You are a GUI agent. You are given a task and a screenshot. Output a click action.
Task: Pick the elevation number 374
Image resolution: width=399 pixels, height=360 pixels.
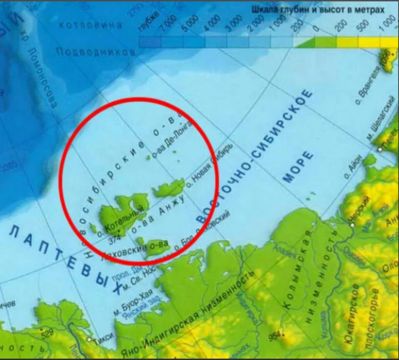point(115,239)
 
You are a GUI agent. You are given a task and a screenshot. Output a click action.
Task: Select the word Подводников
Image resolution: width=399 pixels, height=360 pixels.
point(96,52)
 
